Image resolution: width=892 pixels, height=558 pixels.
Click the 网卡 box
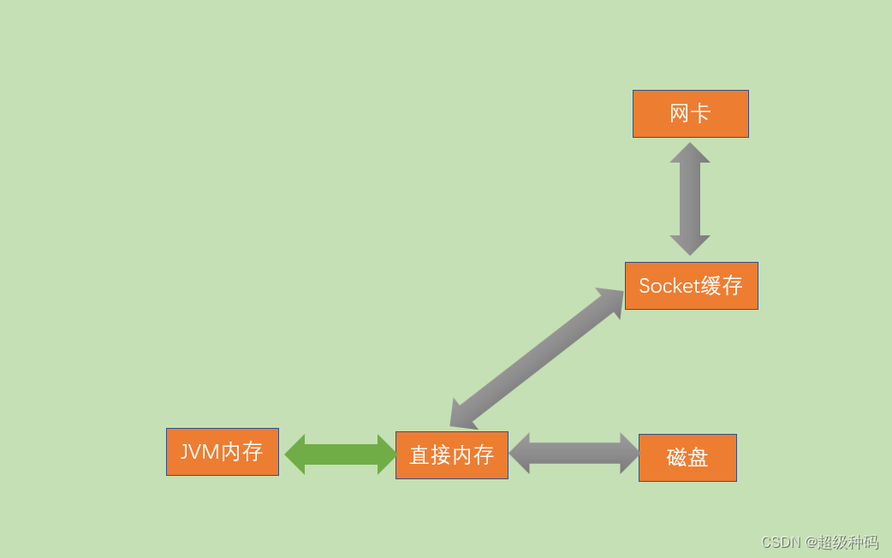coord(690,114)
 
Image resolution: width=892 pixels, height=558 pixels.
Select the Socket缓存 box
coord(691,286)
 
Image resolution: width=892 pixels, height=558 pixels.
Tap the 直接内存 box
coord(451,455)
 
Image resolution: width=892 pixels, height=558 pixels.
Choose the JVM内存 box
coord(222,452)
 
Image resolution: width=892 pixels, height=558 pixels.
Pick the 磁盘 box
coord(687,458)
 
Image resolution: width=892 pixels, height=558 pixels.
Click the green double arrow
coord(341,454)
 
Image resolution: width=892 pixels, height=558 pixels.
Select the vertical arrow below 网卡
coord(690,199)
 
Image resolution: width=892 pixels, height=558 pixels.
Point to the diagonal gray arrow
coord(538,358)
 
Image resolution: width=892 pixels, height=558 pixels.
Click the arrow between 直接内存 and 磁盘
coord(574,454)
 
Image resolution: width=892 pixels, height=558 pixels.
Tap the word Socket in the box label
coord(669,286)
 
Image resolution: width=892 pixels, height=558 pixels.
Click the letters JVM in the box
coord(199,452)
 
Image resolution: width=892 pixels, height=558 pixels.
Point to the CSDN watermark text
coord(780,543)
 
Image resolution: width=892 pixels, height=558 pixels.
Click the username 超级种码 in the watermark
coord(847,543)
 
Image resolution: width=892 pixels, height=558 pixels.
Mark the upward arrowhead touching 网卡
coord(690,153)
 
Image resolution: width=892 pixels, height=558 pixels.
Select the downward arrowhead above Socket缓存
coord(690,245)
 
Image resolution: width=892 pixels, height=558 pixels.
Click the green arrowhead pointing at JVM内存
coord(295,454)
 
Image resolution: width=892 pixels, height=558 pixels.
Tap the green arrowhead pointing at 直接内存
coord(387,454)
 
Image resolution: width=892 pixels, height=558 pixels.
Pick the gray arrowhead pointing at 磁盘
coord(630,454)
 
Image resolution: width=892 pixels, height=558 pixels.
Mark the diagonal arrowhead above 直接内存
coord(462,415)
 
